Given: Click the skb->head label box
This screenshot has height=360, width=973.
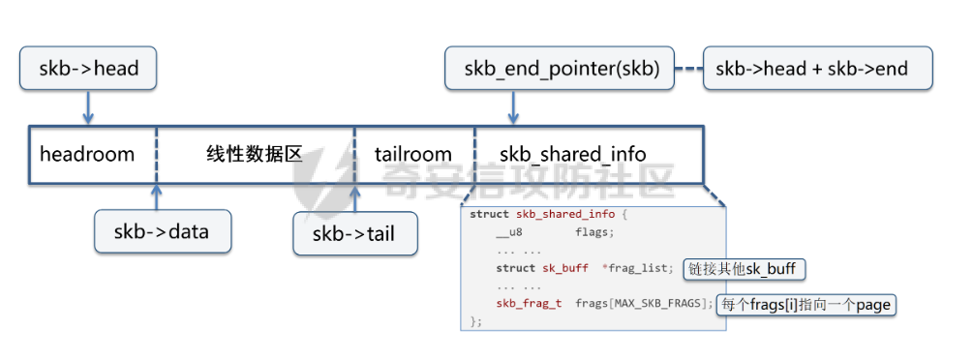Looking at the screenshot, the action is [88, 69].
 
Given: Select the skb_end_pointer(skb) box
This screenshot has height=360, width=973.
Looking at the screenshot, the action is [560, 69].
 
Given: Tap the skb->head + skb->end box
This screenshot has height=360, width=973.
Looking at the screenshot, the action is [817, 69].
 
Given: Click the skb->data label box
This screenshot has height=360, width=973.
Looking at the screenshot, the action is [163, 231].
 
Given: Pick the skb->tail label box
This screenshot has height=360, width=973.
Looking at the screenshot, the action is [355, 233].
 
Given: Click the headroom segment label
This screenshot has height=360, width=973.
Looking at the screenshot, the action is [87, 154].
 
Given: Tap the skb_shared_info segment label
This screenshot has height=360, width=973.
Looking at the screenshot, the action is [573, 154].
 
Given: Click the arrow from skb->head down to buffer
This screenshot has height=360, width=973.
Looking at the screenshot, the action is [88, 107].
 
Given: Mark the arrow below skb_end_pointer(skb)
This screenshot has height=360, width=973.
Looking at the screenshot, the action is [513, 107].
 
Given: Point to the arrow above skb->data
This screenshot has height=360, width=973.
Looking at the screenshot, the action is [157, 196].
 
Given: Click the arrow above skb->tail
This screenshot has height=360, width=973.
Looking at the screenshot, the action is [355, 197].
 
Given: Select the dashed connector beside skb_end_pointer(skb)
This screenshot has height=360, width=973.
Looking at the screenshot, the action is [688, 69].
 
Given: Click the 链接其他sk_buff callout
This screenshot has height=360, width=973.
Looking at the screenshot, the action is [745, 269].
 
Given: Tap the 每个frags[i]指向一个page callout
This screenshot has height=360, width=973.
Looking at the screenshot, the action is [806, 305].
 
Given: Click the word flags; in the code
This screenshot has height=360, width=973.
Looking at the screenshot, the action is [594, 233].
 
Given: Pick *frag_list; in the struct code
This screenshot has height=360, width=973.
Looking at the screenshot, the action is [637, 268].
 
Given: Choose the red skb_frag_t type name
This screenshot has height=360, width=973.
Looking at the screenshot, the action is [530, 304].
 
